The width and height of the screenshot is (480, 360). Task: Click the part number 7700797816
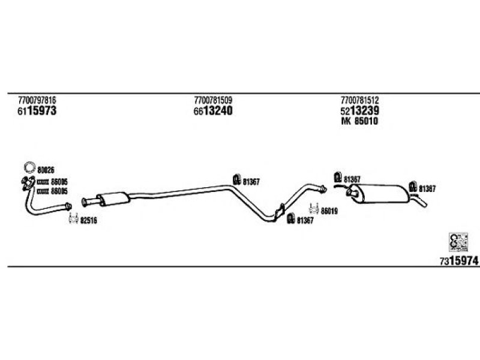37,100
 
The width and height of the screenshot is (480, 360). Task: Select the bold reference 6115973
37,110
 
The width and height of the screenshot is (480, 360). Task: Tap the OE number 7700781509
213,100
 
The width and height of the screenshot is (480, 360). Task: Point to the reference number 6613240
213,110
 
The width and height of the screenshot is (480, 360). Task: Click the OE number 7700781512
359,100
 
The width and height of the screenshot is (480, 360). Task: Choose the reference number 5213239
359,110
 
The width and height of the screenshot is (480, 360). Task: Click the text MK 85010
359,121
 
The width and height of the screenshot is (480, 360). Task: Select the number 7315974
459,261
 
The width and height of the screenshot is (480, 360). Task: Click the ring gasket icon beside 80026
30,167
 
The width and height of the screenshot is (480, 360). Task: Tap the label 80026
46,170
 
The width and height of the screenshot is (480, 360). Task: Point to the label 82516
88,220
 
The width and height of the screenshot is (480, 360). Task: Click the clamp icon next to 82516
73,218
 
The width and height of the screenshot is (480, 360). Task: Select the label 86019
329,211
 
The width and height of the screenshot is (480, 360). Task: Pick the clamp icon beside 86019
314,209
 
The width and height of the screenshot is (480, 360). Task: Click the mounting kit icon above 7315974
458,242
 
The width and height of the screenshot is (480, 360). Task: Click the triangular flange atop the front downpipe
28,183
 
